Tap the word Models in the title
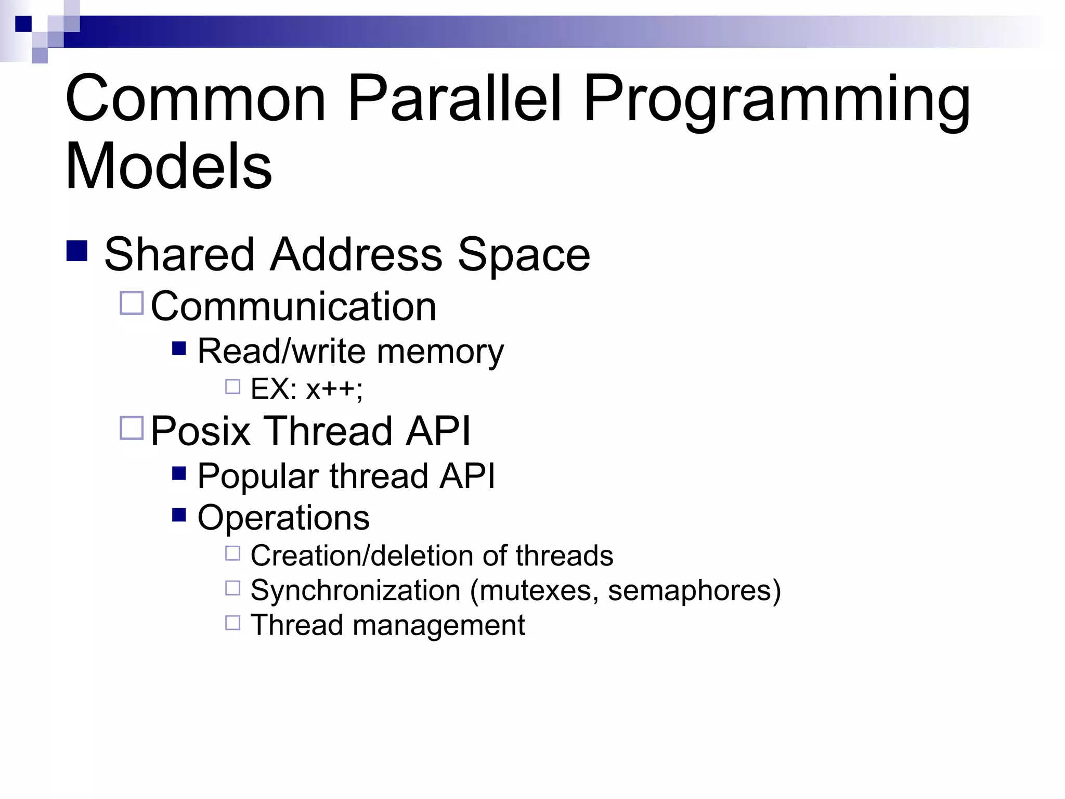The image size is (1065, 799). click(168, 166)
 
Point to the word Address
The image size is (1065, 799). click(356, 254)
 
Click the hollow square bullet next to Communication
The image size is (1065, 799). click(132, 303)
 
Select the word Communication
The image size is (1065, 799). click(293, 306)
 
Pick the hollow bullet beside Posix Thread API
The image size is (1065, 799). click(132, 428)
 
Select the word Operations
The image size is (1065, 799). click(283, 518)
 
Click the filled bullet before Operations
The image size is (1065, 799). click(179, 515)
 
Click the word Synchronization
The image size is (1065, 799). click(355, 591)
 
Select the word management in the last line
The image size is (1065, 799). click(438, 625)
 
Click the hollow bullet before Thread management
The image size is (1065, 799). click(232, 623)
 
